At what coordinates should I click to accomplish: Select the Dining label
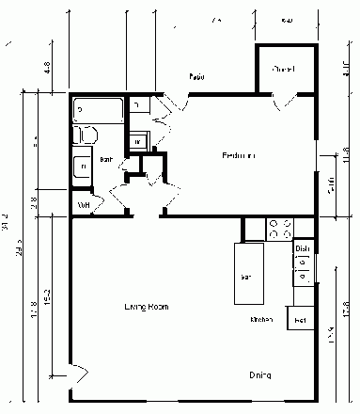(260, 375)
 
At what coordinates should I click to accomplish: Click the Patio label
(197, 76)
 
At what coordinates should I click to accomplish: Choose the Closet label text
(283, 70)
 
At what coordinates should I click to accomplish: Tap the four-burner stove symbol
(280, 228)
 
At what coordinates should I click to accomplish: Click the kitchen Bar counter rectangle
(249, 273)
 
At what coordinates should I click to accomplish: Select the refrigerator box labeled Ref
(301, 321)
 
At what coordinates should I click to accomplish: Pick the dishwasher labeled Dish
(303, 249)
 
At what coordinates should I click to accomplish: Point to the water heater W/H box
(83, 204)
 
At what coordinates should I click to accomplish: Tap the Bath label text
(107, 161)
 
